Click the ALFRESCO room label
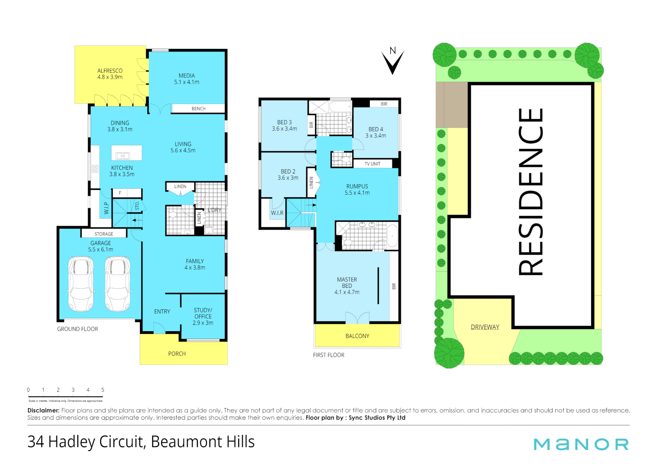[x=110, y=74]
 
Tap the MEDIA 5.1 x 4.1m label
[x=187, y=79]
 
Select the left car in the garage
[x=81, y=284]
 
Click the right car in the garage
[x=118, y=284]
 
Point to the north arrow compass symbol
[x=393, y=61]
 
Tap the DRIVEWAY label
[x=485, y=327]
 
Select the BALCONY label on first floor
[x=357, y=336]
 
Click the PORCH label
[x=177, y=354]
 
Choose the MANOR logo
[x=581, y=444]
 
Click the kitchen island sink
[x=123, y=156]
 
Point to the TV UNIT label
[x=372, y=164]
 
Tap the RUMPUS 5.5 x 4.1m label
[x=357, y=189]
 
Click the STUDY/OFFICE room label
[x=203, y=316]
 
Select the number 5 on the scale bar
[x=103, y=390]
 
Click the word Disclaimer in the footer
[x=43, y=410]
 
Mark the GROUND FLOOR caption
[x=77, y=329]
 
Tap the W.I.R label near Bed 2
[x=277, y=213]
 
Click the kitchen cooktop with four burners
[x=95, y=169]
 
